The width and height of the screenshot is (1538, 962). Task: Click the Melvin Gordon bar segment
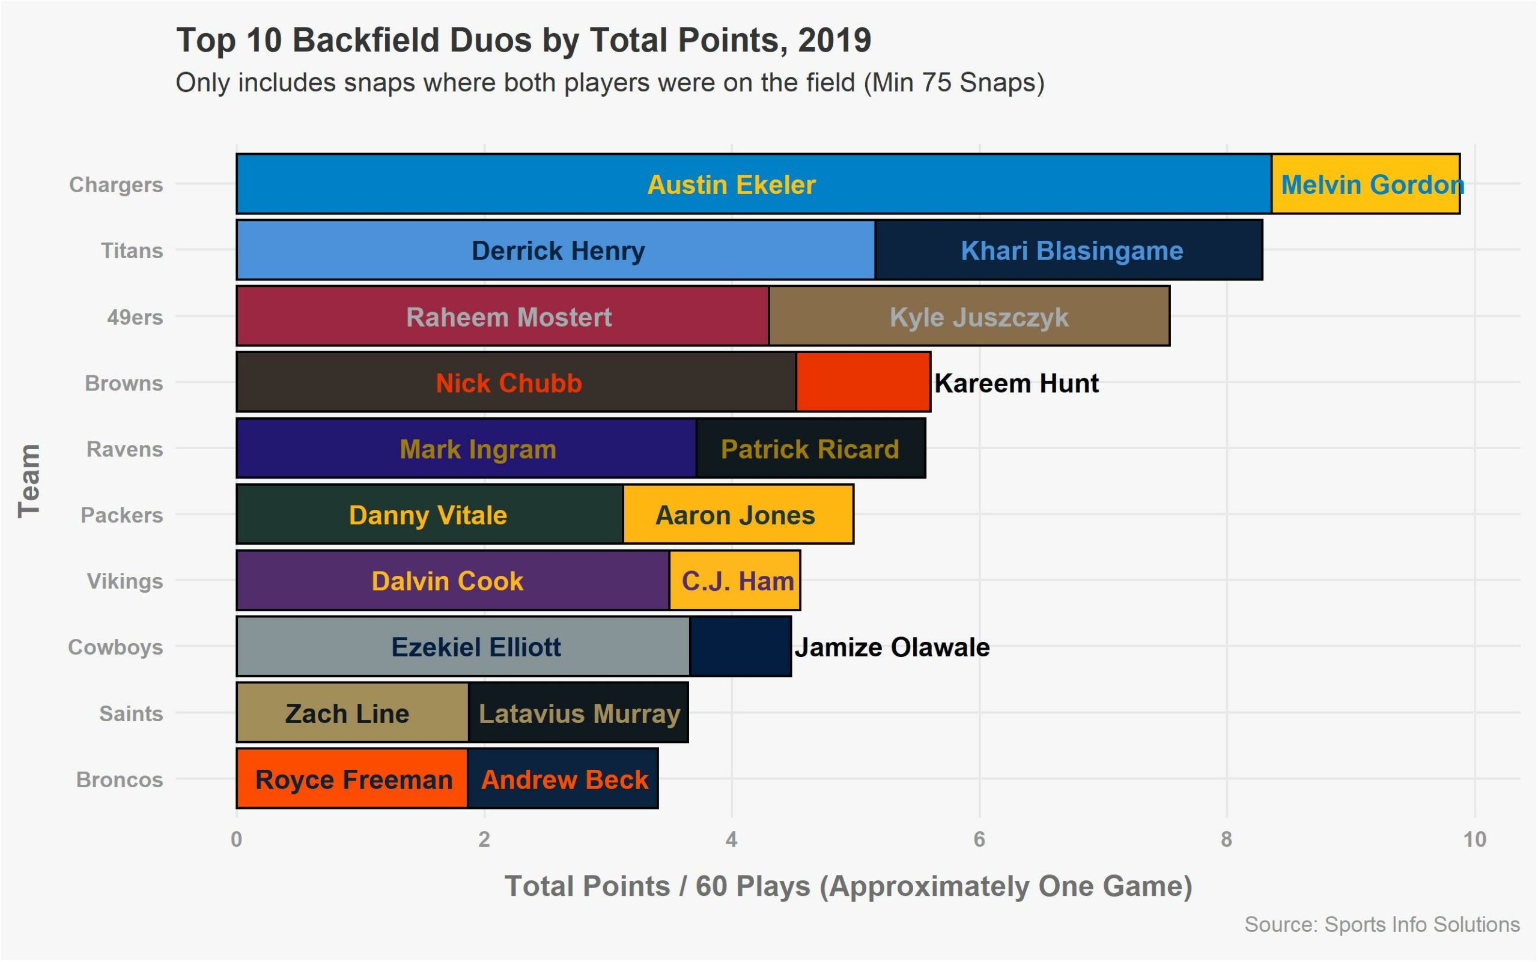pyautogui.click(x=1365, y=184)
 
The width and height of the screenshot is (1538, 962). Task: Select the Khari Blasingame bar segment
pyautogui.click(x=1069, y=250)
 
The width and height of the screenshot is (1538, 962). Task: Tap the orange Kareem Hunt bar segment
pyautogui.click(x=863, y=382)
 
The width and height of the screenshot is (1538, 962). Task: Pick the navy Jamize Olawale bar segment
pyautogui.click(x=740, y=646)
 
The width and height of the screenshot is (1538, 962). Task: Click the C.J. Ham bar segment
pyautogui.click(x=735, y=580)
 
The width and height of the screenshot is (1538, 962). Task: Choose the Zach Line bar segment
pyautogui.click(x=353, y=713)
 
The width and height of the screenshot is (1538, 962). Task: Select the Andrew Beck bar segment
pyautogui.click(x=563, y=779)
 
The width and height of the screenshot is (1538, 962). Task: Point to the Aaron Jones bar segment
pyautogui.click(x=738, y=514)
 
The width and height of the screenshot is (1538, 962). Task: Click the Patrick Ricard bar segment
pyautogui.click(x=811, y=448)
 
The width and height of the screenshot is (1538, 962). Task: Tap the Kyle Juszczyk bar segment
pyautogui.click(x=970, y=316)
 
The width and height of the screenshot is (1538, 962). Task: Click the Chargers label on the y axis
pyautogui.click(x=116, y=184)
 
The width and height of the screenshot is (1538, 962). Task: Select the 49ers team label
pyautogui.click(x=135, y=317)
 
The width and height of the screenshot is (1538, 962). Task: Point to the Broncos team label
pyautogui.click(x=120, y=779)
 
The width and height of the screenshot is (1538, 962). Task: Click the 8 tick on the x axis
pyautogui.click(x=1227, y=840)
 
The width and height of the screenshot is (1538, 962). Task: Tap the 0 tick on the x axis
pyautogui.click(x=237, y=840)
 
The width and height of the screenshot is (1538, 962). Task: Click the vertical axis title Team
pyautogui.click(x=29, y=481)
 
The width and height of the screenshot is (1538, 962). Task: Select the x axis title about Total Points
pyautogui.click(x=848, y=886)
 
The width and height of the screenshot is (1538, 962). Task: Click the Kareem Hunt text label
pyautogui.click(x=1017, y=383)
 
